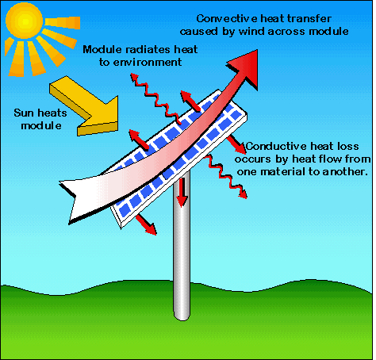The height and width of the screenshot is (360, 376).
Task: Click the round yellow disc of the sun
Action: coord(24,21)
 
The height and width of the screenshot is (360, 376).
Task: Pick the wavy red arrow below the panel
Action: coord(227,176)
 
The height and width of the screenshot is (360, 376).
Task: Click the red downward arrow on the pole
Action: coord(182,192)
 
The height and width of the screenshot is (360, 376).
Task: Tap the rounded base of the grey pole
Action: coord(182,315)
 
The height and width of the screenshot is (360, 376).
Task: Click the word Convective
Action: coord(227,19)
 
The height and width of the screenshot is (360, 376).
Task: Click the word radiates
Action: coord(144,49)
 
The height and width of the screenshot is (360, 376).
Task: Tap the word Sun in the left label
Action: coord(23,113)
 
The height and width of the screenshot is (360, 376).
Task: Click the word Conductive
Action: coord(276,146)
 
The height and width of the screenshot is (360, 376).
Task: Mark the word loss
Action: coord(348,146)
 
